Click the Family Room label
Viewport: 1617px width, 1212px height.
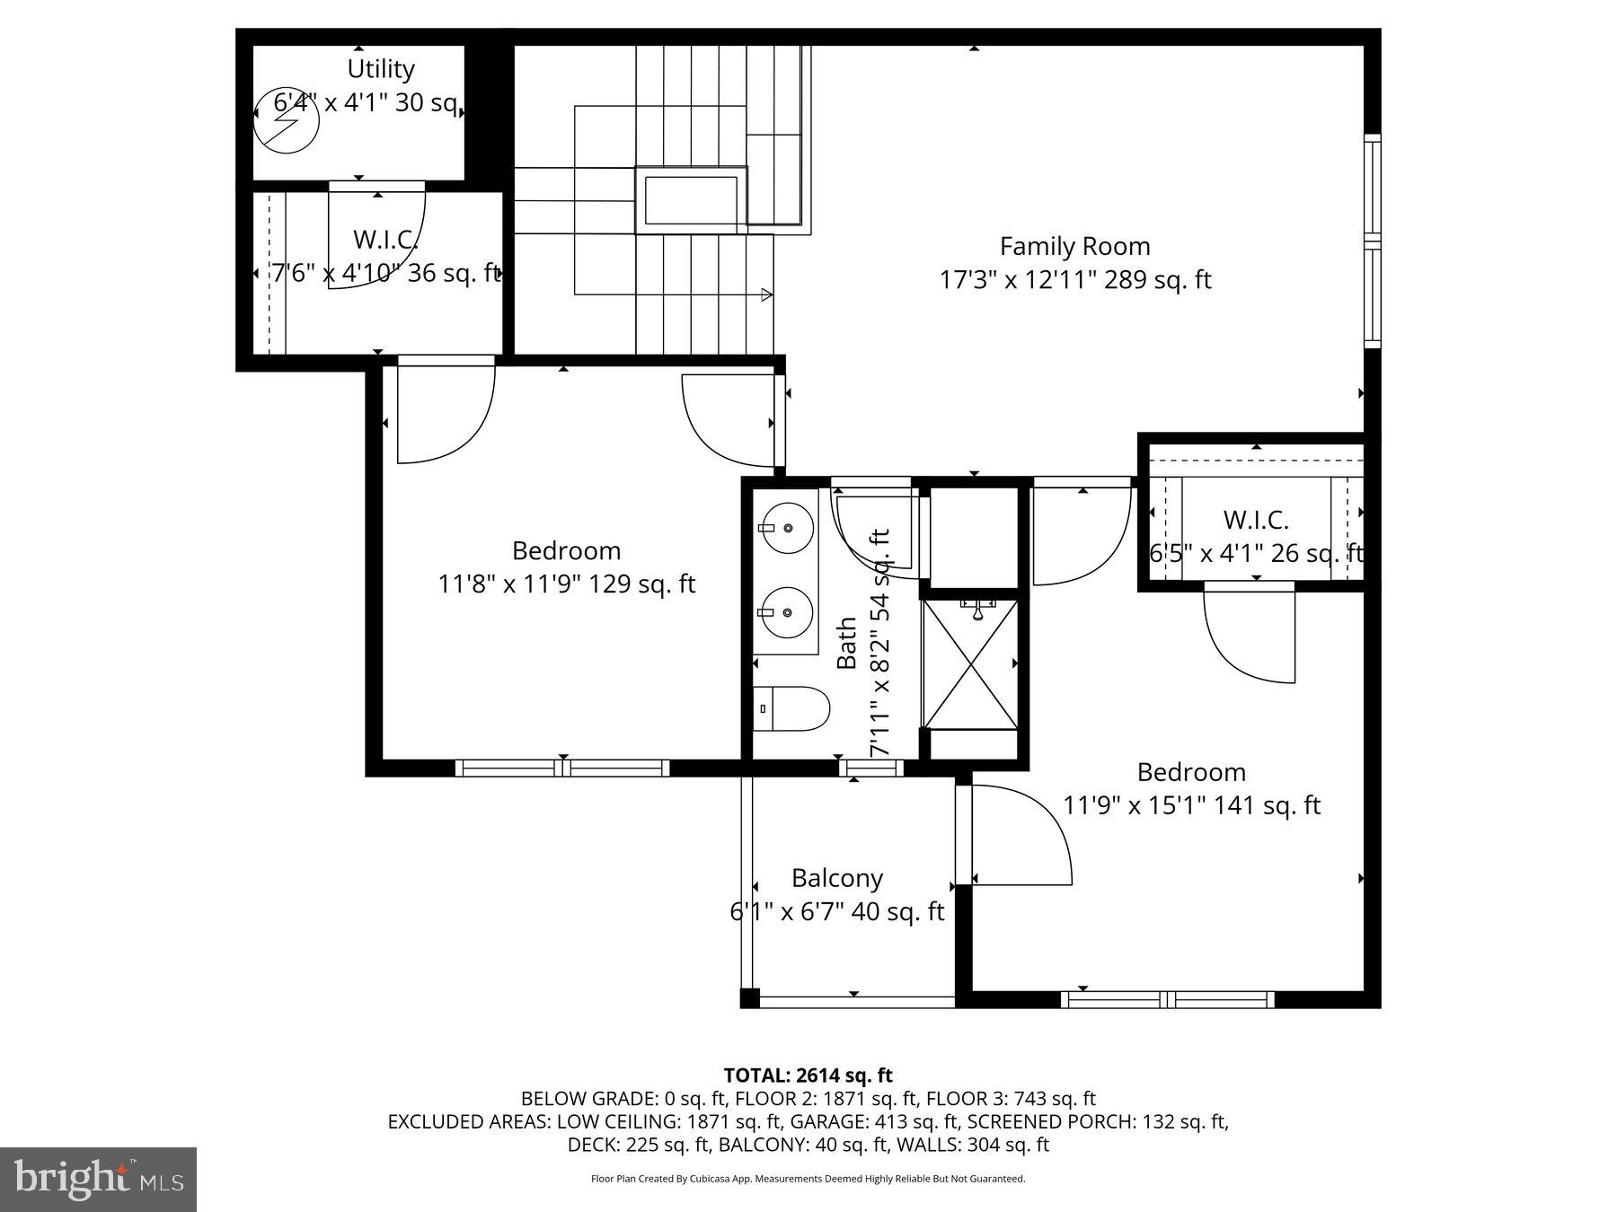pos(1074,246)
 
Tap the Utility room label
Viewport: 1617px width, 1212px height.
pos(381,69)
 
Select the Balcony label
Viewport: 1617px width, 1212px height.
pos(837,878)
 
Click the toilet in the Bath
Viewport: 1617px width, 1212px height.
pos(791,709)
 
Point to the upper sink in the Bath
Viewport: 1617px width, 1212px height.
pos(787,528)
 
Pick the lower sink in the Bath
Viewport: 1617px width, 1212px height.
pos(787,612)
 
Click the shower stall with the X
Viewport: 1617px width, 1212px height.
pos(970,664)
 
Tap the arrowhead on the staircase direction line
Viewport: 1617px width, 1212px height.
pos(766,294)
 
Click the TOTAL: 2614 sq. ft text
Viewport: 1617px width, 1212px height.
pos(808,1076)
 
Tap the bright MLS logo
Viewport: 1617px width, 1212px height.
pos(98,1179)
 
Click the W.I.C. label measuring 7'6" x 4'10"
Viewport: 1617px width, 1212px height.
pos(385,240)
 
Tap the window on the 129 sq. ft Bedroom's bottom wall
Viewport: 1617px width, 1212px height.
pos(562,768)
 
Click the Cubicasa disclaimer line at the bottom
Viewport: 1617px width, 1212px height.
pos(808,1179)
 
